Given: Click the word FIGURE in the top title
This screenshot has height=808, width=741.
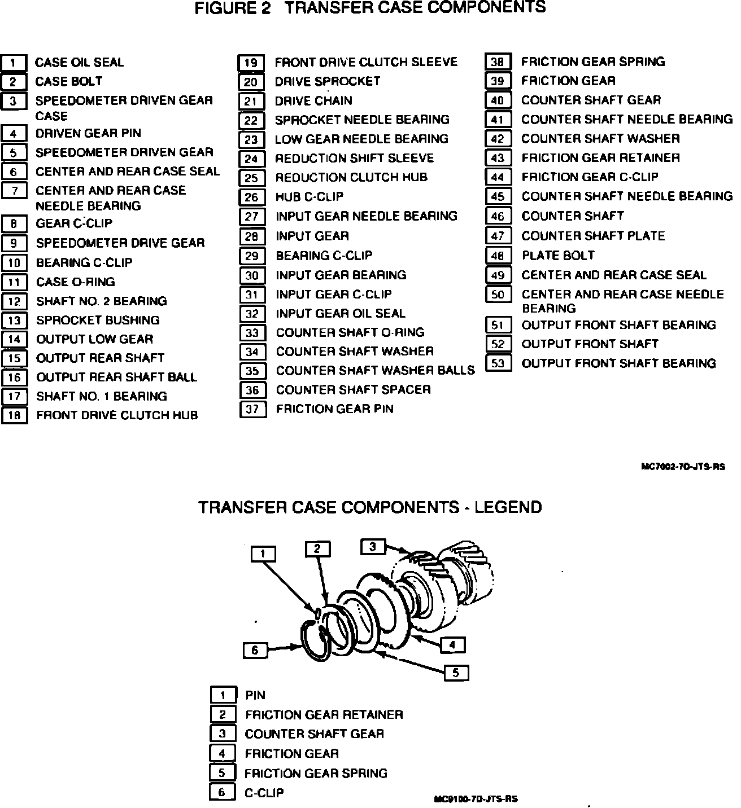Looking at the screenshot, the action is click(x=221, y=8).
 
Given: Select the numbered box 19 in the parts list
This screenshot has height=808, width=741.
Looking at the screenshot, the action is click(x=250, y=63).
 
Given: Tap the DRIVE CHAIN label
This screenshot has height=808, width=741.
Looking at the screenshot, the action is click(x=313, y=101).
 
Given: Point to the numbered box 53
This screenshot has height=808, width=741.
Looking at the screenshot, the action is click(x=498, y=363).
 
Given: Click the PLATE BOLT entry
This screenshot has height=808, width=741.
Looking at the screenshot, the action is click(x=557, y=256).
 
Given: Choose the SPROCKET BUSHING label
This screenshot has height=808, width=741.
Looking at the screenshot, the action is click(x=98, y=320).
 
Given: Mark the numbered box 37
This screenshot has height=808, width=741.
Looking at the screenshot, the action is click(x=252, y=409).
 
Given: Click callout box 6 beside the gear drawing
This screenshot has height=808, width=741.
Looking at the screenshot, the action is click(x=255, y=651).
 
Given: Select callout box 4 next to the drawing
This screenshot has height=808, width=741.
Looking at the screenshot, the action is click(x=452, y=644).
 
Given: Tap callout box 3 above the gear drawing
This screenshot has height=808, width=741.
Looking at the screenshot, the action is click(x=373, y=546).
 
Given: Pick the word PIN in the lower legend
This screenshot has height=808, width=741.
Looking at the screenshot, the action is click(x=255, y=695).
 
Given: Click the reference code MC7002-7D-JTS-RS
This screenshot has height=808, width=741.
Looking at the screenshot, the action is click(x=683, y=467).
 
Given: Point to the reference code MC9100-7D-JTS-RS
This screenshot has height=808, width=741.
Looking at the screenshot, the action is click(x=476, y=799).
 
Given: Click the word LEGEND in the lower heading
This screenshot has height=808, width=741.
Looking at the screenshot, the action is click(x=508, y=507).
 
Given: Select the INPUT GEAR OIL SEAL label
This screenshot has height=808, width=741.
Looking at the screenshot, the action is click(x=340, y=314).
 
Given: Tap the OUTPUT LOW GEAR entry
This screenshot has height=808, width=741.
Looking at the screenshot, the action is click(x=94, y=340).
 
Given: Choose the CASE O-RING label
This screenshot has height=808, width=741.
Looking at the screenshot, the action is click(x=75, y=282).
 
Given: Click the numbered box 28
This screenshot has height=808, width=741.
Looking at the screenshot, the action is click(x=251, y=236).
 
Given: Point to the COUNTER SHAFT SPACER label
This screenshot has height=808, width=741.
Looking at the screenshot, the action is click(x=353, y=390).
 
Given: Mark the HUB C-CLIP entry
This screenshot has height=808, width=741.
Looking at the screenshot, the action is click(x=309, y=197).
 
